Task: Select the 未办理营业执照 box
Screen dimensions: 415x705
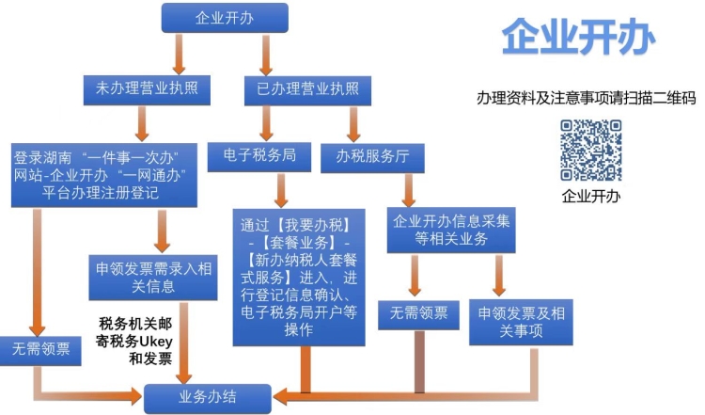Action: click(x=147, y=89)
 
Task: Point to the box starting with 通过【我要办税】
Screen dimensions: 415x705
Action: click(x=299, y=278)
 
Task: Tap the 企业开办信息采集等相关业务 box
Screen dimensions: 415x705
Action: click(x=451, y=229)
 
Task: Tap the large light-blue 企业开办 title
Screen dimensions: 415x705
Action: click(x=578, y=40)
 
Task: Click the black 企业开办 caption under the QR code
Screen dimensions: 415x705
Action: click(x=590, y=197)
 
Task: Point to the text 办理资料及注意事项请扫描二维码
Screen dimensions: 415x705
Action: click(x=586, y=98)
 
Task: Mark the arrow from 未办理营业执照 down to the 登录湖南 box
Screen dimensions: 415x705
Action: click(x=143, y=120)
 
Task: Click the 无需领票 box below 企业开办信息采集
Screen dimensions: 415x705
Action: click(x=413, y=314)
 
